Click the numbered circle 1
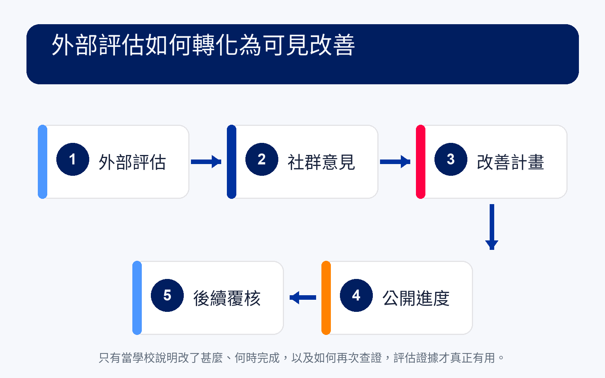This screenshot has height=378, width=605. click(73, 159)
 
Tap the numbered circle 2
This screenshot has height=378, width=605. click(262, 159)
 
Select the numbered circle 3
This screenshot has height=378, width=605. click(451, 159)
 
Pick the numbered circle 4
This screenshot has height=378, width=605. click(356, 295)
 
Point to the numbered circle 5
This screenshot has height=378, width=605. click(167, 295)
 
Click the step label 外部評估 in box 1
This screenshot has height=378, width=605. click(132, 162)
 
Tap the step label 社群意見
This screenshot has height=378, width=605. click(321, 162)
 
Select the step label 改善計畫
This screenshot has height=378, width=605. click(510, 162)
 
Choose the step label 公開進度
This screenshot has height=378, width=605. click(416, 298)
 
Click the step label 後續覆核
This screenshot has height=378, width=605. click(227, 298)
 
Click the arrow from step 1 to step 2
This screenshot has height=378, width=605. click(206, 162)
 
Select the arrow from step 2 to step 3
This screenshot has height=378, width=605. click(395, 162)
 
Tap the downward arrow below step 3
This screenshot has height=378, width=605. click(492, 227)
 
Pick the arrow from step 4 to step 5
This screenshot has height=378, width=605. click(303, 297)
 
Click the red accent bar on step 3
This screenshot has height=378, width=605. click(421, 162)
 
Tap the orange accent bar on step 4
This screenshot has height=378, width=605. click(326, 298)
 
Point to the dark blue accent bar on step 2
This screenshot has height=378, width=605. click(232, 162)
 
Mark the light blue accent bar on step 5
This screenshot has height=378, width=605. click(137, 298)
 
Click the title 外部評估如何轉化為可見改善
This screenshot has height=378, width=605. click(203, 45)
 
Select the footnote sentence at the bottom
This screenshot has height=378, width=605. click(301, 358)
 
